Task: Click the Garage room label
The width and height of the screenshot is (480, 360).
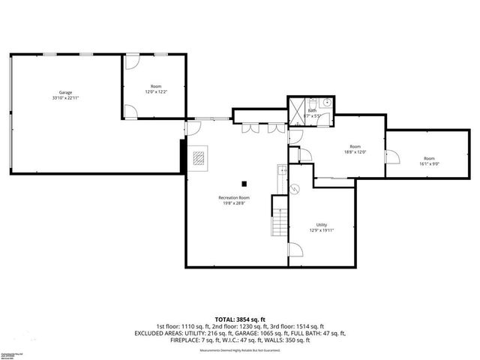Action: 66,92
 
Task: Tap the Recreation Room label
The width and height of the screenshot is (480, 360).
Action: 234,197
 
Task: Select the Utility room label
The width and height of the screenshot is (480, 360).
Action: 321,224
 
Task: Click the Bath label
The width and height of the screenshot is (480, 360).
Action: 312,110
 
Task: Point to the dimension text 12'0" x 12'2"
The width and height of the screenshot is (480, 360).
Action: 156,92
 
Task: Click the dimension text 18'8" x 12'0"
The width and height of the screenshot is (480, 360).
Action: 355,152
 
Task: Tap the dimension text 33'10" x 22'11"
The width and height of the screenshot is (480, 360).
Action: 66,98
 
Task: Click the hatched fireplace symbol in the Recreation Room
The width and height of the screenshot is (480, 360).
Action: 199,158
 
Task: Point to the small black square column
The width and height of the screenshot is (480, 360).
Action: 243,182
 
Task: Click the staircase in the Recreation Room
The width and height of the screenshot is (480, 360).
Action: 279,217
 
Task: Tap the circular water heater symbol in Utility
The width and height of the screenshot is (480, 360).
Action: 295,190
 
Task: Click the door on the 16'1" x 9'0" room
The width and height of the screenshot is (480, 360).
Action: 390,157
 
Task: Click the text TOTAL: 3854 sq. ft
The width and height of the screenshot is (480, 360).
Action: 240,319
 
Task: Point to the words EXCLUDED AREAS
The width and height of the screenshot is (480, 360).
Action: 159,332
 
